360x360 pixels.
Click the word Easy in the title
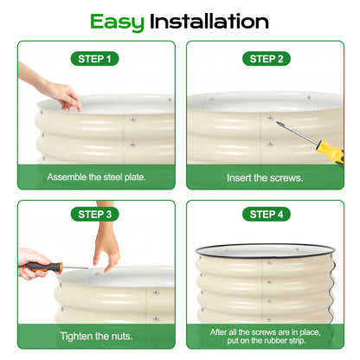117,21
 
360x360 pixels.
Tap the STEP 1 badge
96,59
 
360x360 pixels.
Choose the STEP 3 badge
96,213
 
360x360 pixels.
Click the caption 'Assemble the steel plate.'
96,177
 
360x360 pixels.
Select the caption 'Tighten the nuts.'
96,336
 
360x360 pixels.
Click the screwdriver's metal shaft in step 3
74,267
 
